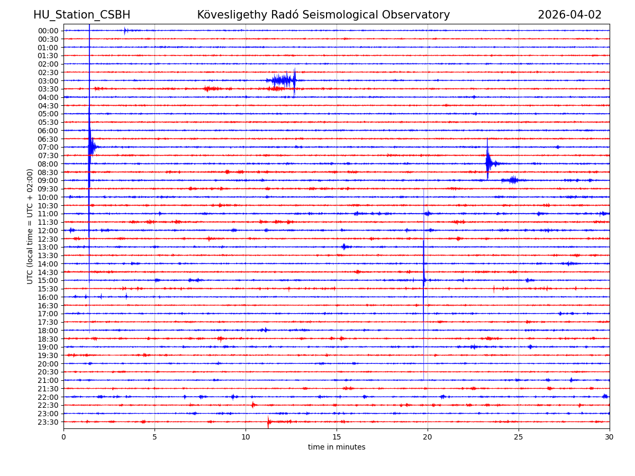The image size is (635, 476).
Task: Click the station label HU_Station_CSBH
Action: point(81,15)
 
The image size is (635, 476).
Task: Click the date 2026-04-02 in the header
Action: point(569,15)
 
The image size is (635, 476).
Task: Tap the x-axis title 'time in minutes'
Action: point(337,447)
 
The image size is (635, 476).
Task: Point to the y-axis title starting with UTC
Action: point(30,226)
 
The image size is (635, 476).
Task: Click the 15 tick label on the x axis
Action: point(337,437)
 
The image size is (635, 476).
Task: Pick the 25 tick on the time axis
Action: point(519,437)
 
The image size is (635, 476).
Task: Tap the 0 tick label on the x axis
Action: point(63,437)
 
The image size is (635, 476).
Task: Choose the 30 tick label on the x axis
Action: point(610,437)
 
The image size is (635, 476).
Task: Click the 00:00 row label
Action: point(48,31)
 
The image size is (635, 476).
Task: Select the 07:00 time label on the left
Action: point(48,147)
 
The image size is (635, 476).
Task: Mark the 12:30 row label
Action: point(48,239)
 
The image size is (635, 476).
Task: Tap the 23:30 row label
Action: point(48,422)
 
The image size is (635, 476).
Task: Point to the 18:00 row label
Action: point(48,331)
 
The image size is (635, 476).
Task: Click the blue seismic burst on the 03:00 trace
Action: point(283,80)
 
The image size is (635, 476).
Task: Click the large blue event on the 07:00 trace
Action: point(92,147)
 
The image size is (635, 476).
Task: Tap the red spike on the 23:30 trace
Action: point(269,422)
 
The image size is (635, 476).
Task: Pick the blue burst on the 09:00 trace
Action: point(512,180)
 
